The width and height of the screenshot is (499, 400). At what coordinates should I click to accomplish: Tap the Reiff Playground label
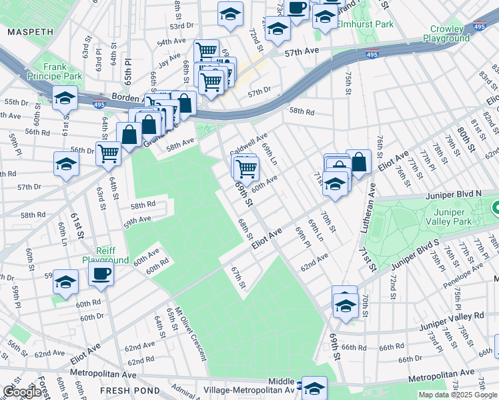(x=105, y=255)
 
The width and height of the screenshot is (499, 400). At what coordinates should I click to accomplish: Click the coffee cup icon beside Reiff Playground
(x=101, y=273)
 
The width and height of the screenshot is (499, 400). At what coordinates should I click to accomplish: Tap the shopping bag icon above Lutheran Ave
(x=359, y=162)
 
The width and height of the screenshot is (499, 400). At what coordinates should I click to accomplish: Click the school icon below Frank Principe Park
(x=65, y=99)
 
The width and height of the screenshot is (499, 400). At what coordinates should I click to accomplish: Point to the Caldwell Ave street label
(x=248, y=144)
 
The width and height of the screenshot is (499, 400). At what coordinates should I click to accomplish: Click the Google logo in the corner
(x=22, y=392)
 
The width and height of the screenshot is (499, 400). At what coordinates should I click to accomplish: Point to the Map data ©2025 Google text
(x=458, y=395)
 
